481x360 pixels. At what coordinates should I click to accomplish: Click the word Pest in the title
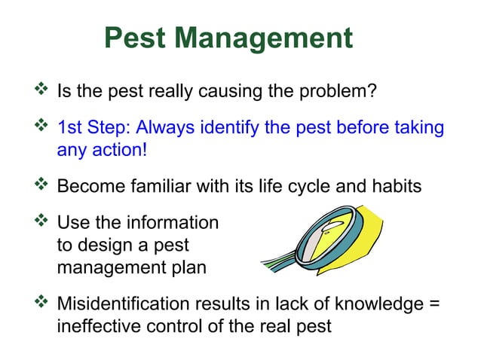point(136,38)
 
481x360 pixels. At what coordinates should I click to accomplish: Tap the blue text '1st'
point(70,127)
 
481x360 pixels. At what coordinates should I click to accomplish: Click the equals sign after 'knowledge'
point(434,304)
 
